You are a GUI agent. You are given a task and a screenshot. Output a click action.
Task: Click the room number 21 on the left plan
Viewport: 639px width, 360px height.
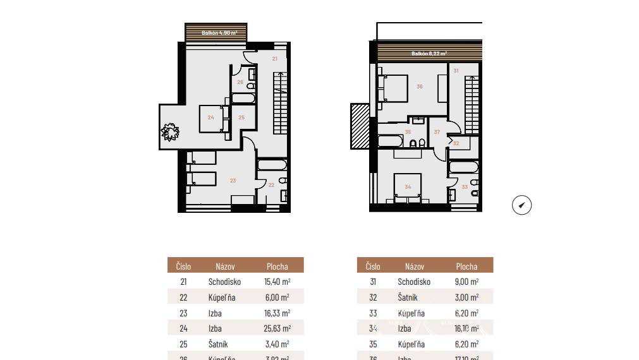pyautogui.click(x=274, y=59)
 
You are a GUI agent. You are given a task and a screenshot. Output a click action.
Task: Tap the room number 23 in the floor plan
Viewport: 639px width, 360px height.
pyautogui.click(x=233, y=181)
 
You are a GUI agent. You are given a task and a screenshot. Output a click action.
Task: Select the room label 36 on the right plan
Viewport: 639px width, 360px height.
pyautogui.click(x=420, y=87)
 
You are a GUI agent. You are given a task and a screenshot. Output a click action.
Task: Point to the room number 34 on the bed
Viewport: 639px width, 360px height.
pyautogui.click(x=408, y=186)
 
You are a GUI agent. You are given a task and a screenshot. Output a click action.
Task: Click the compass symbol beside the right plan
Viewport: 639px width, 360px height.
pyautogui.click(x=521, y=205)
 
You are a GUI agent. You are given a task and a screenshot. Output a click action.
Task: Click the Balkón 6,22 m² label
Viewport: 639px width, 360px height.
pyautogui.click(x=429, y=54)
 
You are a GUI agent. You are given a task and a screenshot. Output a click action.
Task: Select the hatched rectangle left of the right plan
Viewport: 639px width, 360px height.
pyautogui.click(x=359, y=126)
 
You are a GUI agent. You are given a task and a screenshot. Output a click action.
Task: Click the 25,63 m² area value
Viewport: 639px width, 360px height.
pyautogui.click(x=277, y=328)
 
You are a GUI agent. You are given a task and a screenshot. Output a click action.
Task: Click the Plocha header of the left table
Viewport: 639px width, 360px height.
pyautogui.click(x=277, y=267)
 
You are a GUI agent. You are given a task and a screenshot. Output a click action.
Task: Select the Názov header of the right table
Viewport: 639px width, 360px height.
pyautogui.click(x=415, y=267)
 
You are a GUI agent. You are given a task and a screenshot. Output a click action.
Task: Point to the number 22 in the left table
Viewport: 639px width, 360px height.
pyautogui.click(x=183, y=297)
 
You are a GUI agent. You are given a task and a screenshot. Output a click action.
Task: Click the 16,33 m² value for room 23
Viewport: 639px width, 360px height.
pyautogui.click(x=277, y=313)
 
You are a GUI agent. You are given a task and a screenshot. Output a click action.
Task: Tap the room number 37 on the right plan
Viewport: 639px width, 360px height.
pyautogui.click(x=437, y=132)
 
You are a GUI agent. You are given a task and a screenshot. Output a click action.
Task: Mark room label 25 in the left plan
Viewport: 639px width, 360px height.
pyautogui.click(x=241, y=117)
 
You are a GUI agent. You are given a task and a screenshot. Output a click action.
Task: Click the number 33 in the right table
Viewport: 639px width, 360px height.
pyautogui.click(x=373, y=313)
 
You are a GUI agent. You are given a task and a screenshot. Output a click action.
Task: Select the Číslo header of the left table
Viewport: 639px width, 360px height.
pyautogui.click(x=183, y=267)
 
